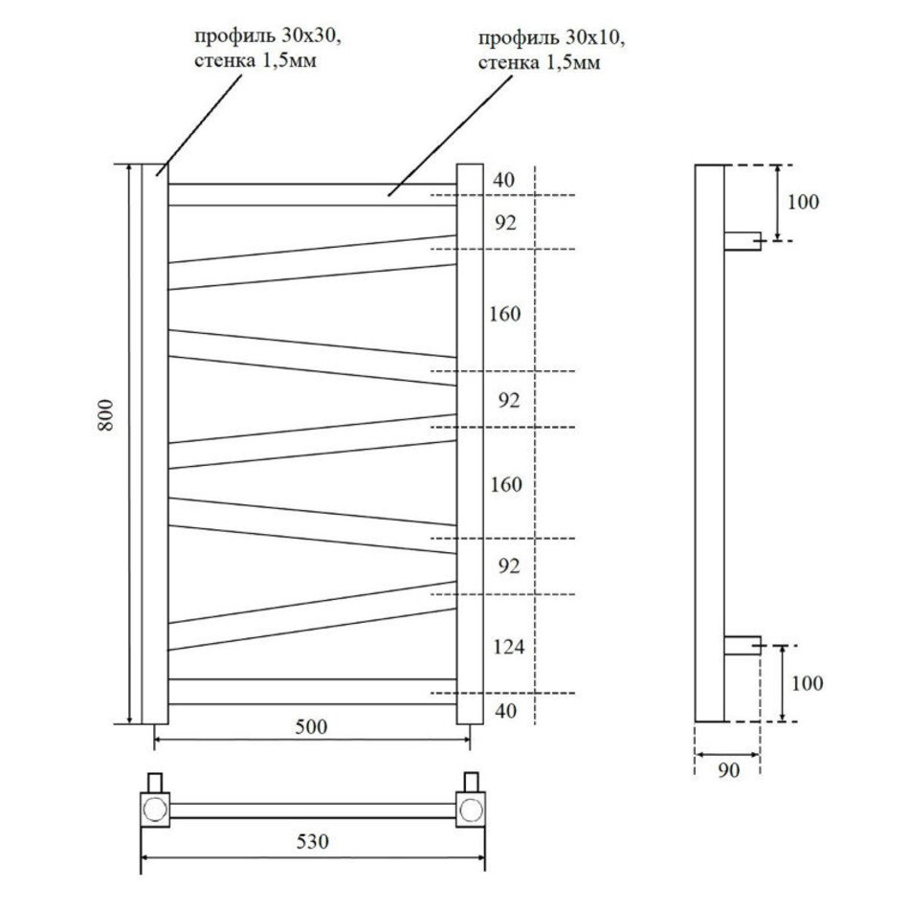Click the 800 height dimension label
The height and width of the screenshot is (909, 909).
coord(105,414)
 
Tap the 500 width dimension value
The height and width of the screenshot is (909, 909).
coord(311,726)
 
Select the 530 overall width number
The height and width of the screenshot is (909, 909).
coord(313,841)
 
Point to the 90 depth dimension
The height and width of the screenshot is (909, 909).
coord(729,770)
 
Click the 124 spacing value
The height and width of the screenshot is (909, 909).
coord(508,647)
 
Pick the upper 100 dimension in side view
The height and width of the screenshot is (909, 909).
coord(803,202)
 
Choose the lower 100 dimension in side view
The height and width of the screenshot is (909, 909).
coord(807,683)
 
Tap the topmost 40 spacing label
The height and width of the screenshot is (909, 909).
coord(503,180)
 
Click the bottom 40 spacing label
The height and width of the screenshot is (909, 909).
coord(506,711)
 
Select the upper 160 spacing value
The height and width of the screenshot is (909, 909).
coord(505,314)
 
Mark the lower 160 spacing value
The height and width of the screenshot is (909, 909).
coord(506,484)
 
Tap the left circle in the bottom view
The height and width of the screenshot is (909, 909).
coord(155,809)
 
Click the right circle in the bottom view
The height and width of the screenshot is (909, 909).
coord(470,809)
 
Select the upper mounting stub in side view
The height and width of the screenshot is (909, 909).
coord(743,241)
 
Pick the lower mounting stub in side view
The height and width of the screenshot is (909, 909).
coord(743,645)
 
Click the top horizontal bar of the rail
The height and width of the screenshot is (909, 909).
coord(313,195)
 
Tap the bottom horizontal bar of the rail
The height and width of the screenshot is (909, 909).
coord(313,692)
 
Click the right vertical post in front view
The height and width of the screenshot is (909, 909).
coord(470,444)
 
